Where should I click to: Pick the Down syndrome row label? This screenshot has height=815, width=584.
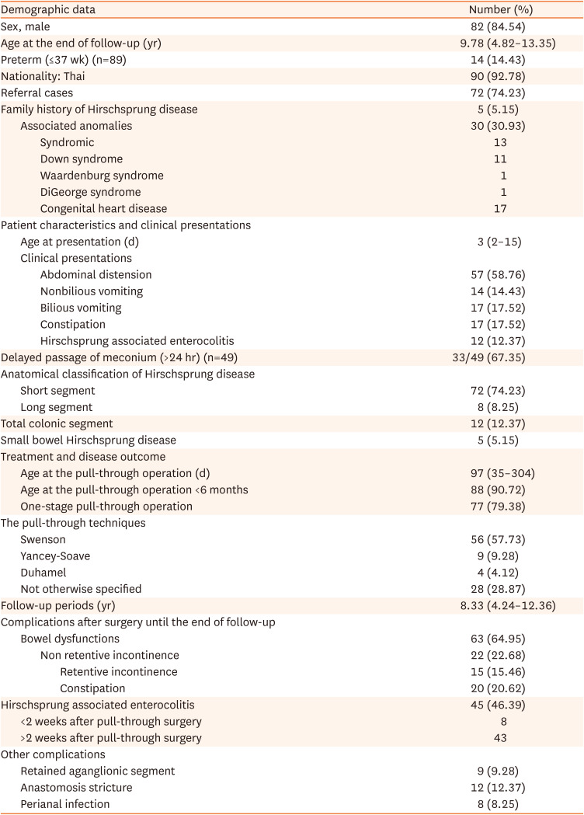point(81,158)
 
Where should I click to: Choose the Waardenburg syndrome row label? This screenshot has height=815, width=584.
point(101,176)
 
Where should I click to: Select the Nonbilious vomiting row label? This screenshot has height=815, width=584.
point(91,291)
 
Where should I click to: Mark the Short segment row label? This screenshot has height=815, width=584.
point(57,390)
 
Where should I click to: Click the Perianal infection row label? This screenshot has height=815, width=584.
point(65,804)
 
